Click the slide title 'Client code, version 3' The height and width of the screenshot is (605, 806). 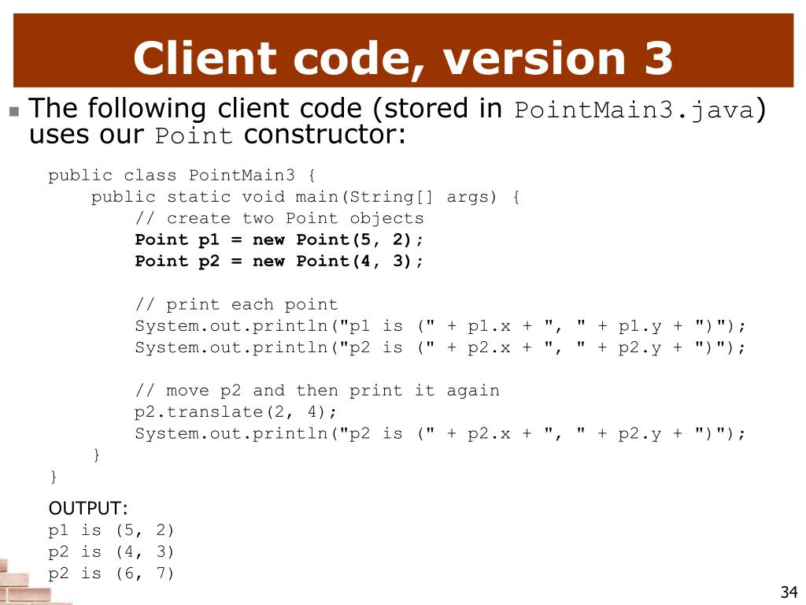[x=403, y=59]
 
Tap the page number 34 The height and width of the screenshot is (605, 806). [x=789, y=592]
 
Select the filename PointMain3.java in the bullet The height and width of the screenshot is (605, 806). [x=634, y=110]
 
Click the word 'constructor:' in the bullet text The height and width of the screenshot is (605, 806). [x=324, y=135]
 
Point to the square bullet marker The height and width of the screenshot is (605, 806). [x=14, y=111]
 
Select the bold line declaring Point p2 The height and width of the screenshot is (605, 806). [x=279, y=262]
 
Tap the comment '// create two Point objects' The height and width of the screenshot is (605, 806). [x=279, y=218]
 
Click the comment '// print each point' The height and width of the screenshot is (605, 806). [x=236, y=305]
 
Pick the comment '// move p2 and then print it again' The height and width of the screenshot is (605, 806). [x=316, y=391]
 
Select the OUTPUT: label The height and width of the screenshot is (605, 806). [x=88, y=507]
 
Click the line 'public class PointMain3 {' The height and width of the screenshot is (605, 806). [x=182, y=175]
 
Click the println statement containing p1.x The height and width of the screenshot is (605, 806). [x=439, y=326]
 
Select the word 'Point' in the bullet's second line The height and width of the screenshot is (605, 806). [x=194, y=136]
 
